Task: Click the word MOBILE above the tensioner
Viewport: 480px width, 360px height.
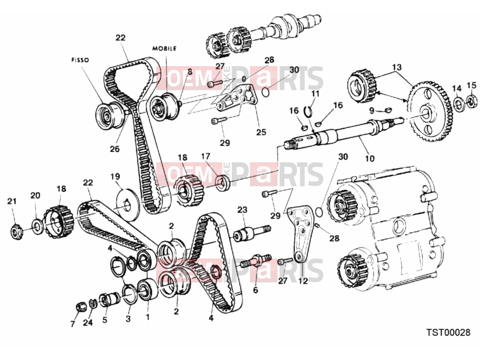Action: (165, 48)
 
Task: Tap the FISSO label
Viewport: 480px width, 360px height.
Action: (80, 60)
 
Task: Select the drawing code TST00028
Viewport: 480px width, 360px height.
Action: (448, 332)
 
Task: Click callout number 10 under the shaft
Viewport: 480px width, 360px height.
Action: (370, 158)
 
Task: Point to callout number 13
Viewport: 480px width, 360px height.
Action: (396, 67)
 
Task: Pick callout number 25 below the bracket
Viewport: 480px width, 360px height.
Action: (261, 132)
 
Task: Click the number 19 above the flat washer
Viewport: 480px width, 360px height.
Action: (115, 177)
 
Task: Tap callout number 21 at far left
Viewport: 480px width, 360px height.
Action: (12, 201)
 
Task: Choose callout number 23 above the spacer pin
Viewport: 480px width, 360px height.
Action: (242, 210)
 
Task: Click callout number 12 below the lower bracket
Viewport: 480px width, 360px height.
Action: (303, 281)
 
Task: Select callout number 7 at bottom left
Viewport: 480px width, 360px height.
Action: (73, 324)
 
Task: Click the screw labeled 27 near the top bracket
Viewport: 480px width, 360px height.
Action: (215, 84)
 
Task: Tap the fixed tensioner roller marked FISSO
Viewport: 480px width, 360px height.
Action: (110, 116)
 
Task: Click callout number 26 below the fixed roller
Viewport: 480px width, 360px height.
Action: (115, 149)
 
